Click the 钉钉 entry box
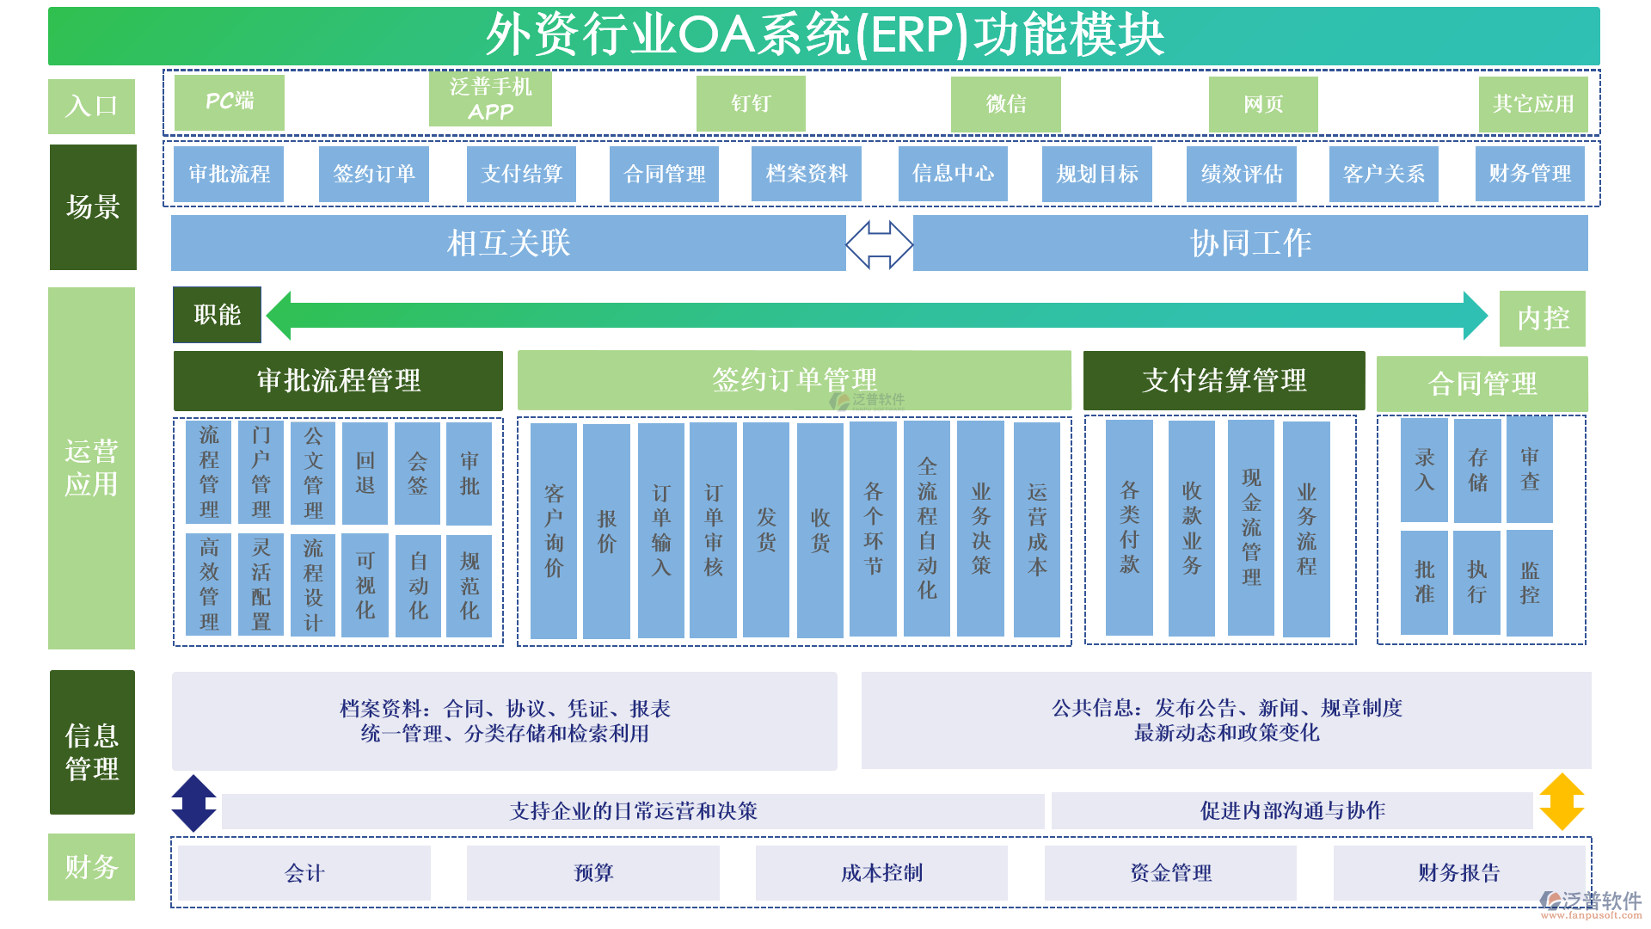(x=751, y=103)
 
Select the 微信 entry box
(x=1005, y=104)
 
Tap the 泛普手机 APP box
(x=490, y=99)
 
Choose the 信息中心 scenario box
(x=953, y=174)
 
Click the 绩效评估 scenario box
(x=1241, y=174)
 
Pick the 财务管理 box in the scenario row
(x=1530, y=174)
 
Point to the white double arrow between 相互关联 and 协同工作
(x=879, y=244)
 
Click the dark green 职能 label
(x=217, y=315)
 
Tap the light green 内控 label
(x=1543, y=318)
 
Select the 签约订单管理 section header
(x=794, y=379)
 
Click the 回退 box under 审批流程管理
(x=365, y=473)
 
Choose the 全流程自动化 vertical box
(x=927, y=528)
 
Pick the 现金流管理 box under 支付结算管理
(x=1251, y=528)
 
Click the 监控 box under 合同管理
(x=1530, y=582)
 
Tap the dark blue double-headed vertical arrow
(x=194, y=803)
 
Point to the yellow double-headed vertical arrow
(x=1562, y=802)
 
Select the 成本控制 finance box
(x=881, y=873)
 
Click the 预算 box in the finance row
(x=593, y=873)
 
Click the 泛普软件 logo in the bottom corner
(x=1591, y=903)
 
